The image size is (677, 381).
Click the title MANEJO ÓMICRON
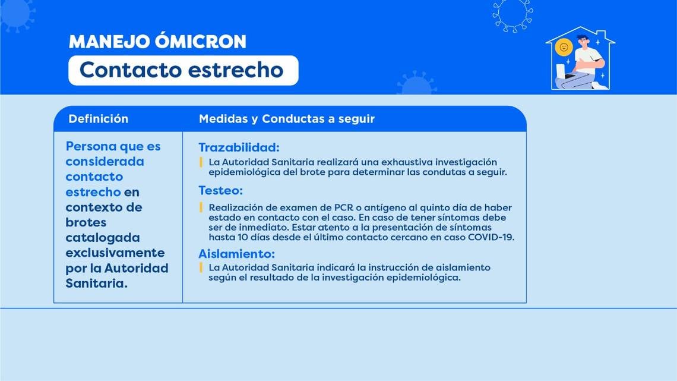[157, 42]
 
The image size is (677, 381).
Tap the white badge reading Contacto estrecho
[184, 70]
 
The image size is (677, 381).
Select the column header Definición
[99, 119]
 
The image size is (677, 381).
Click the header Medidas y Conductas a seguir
[287, 119]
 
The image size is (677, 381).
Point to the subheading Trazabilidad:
[239, 147]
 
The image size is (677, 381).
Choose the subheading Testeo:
[221, 190]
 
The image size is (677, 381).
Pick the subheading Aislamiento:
[236, 254]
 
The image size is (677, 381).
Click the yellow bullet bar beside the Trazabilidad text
[201, 162]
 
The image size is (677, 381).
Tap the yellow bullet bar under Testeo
[201, 207]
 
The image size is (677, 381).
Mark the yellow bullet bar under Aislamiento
[201, 267]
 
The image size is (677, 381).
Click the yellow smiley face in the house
[564, 47]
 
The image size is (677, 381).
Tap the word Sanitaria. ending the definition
[97, 284]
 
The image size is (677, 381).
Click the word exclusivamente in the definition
[115, 253]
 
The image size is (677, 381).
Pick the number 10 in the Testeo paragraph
[243, 237]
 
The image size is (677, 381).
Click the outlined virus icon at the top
[513, 15]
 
